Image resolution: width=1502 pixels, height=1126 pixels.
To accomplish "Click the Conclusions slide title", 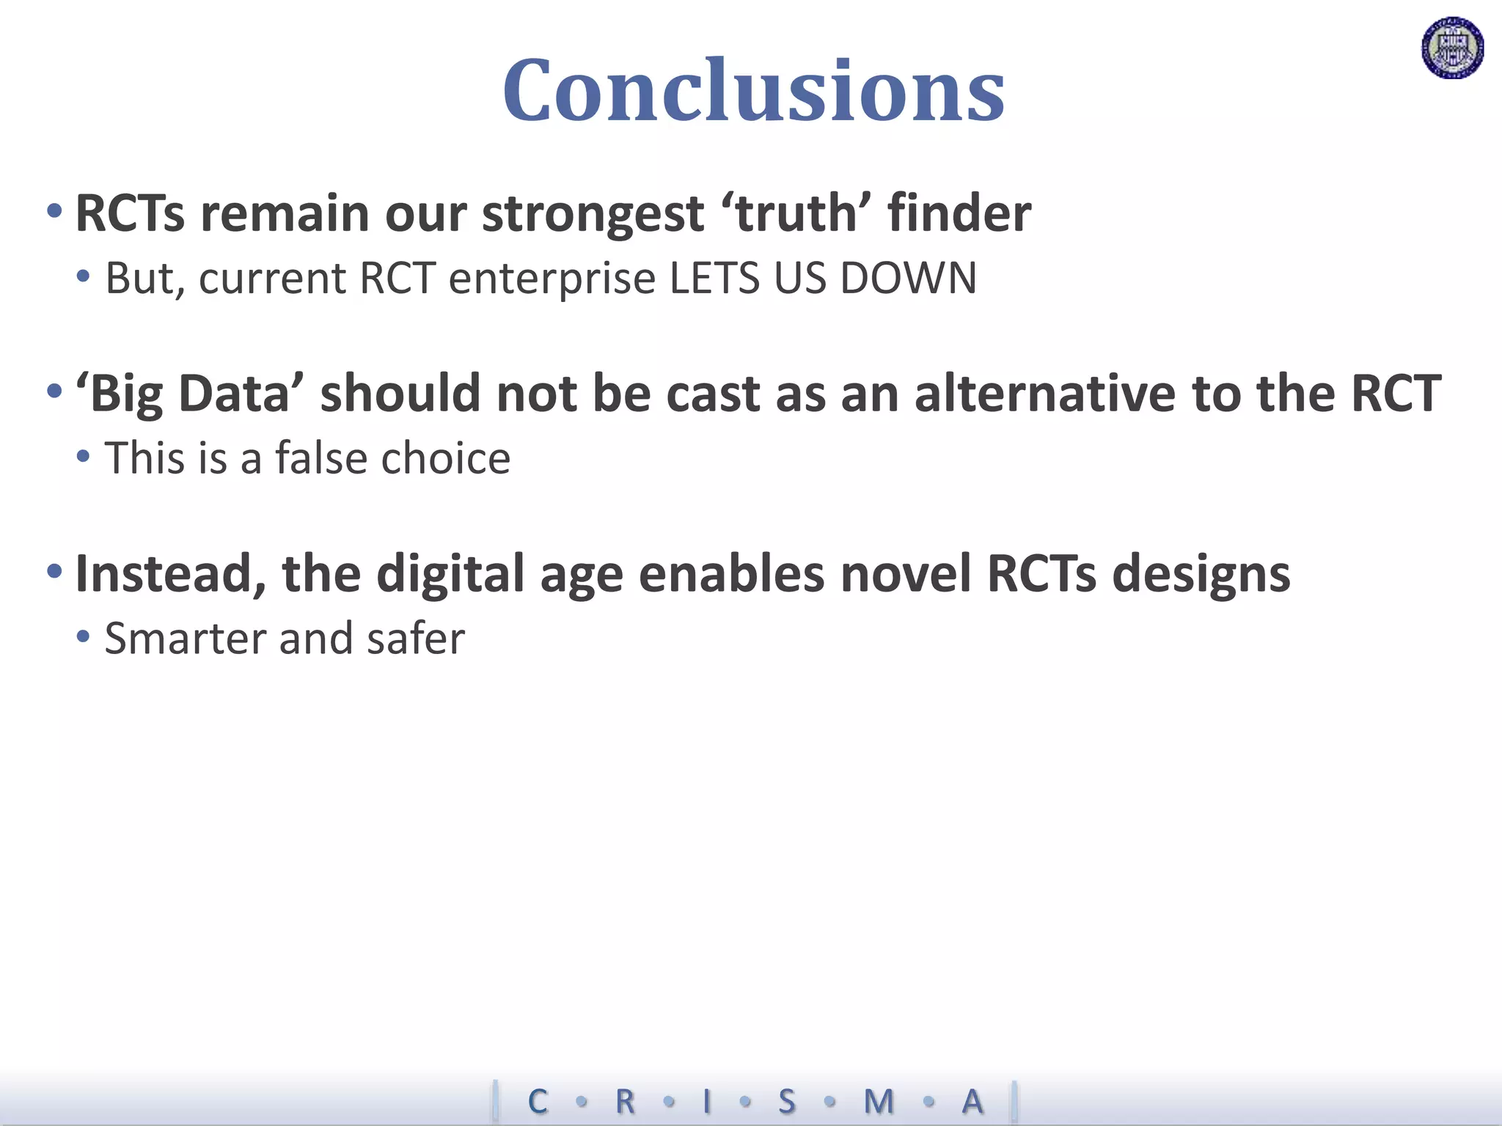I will coord(753,90).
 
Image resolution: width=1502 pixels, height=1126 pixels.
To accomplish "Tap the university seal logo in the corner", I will coord(1452,48).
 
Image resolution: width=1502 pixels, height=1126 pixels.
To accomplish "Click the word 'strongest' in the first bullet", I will coord(593,214).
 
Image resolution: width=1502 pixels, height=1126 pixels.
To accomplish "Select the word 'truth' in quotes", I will coord(796,214).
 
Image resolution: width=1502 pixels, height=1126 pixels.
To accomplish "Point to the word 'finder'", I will coord(959,214).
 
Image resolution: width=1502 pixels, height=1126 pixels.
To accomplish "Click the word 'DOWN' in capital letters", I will coord(908,279).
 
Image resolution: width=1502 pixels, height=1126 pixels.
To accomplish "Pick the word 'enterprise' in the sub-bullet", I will coord(552,280).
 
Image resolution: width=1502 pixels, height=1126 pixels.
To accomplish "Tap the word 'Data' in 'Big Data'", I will coord(234,394).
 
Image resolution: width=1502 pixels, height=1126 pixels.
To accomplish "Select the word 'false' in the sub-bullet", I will coord(320,458).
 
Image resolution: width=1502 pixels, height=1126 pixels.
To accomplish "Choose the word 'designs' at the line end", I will coord(1201,574).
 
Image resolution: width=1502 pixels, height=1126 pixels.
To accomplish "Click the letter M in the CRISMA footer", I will coord(879,1101).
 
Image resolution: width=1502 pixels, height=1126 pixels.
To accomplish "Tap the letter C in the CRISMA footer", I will coord(538,1101).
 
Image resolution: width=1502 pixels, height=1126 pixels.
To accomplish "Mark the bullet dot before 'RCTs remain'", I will coord(54,211).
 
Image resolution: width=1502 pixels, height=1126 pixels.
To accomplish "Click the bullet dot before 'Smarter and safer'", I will coord(83,636).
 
